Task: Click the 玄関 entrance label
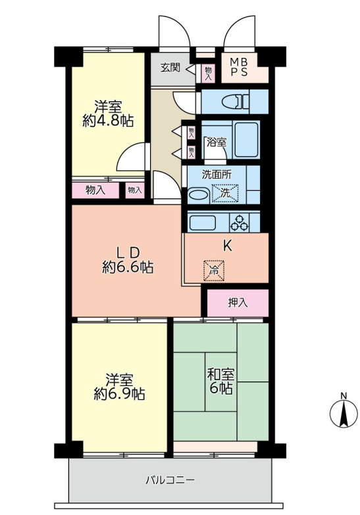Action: [170, 68]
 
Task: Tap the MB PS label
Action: [238, 67]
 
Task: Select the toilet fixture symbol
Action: [234, 102]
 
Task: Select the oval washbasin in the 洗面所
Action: [196, 195]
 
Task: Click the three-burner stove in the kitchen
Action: [240, 223]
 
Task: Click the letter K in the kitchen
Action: [227, 247]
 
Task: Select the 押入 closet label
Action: [238, 303]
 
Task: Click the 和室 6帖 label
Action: [220, 381]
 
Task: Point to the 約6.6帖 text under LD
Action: [128, 268]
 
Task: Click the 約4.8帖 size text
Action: [109, 121]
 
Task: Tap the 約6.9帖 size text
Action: [119, 395]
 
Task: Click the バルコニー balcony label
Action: [170, 480]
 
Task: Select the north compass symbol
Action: [342, 412]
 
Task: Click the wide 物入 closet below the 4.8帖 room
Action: [96, 190]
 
